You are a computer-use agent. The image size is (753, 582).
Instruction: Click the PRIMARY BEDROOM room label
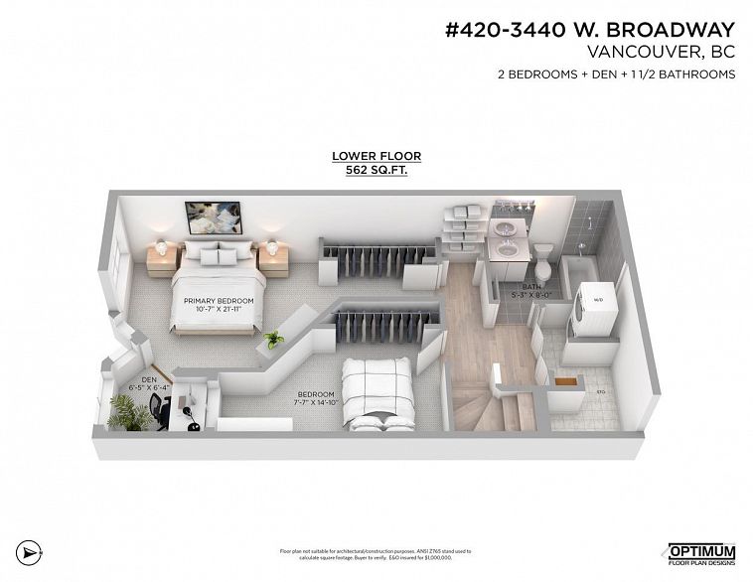tap(219, 300)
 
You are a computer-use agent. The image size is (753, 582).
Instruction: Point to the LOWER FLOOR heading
tap(376, 156)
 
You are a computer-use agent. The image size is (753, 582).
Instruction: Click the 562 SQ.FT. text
tap(376, 170)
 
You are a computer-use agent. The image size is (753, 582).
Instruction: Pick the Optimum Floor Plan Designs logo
tap(700, 553)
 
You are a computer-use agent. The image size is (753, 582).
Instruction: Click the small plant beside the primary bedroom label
tap(272, 340)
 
